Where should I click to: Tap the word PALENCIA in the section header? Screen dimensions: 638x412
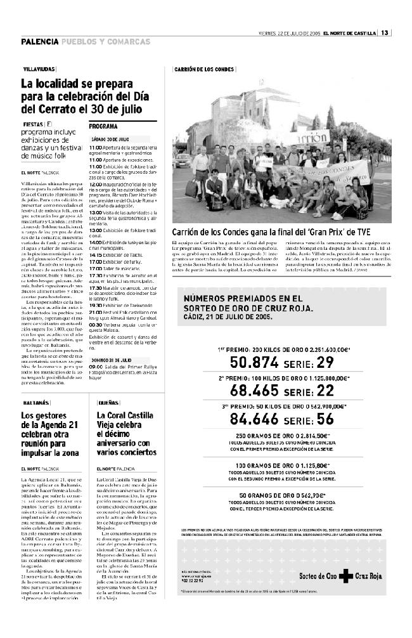pos(40,42)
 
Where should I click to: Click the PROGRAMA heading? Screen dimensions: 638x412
pos(103,126)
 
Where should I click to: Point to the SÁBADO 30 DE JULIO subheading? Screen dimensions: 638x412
pos(110,138)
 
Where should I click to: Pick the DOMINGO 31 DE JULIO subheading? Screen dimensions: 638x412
pos(111,358)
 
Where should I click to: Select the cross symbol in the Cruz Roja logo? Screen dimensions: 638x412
pos(344,576)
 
